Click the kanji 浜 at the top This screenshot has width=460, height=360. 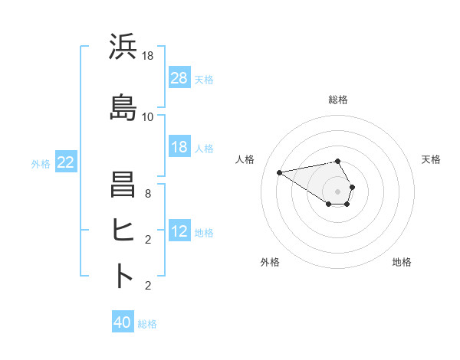[x=123, y=47]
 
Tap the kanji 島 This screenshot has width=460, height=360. [x=123, y=106]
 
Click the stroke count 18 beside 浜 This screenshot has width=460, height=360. [x=148, y=56]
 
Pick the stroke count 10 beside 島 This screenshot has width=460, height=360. [x=148, y=116]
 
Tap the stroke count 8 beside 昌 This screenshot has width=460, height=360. [x=148, y=195]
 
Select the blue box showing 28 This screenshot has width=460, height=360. [x=179, y=78]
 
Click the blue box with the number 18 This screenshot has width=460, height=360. [x=179, y=147]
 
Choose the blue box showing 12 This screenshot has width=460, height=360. [x=179, y=231]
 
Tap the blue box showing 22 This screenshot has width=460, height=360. [x=66, y=162]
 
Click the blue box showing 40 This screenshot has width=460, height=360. [x=123, y=322]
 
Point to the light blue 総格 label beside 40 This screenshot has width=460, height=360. [x=147, y=324]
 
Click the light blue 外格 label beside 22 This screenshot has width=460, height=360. [x=41, y=163]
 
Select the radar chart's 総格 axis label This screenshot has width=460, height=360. [x=338, y=100]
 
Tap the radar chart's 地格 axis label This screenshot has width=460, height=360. [x=402, y=262]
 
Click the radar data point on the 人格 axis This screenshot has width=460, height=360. [x=280, y=172]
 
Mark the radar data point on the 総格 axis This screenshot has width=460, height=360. [x=338, y=161]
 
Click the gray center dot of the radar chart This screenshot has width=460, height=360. [x=338, y=191]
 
